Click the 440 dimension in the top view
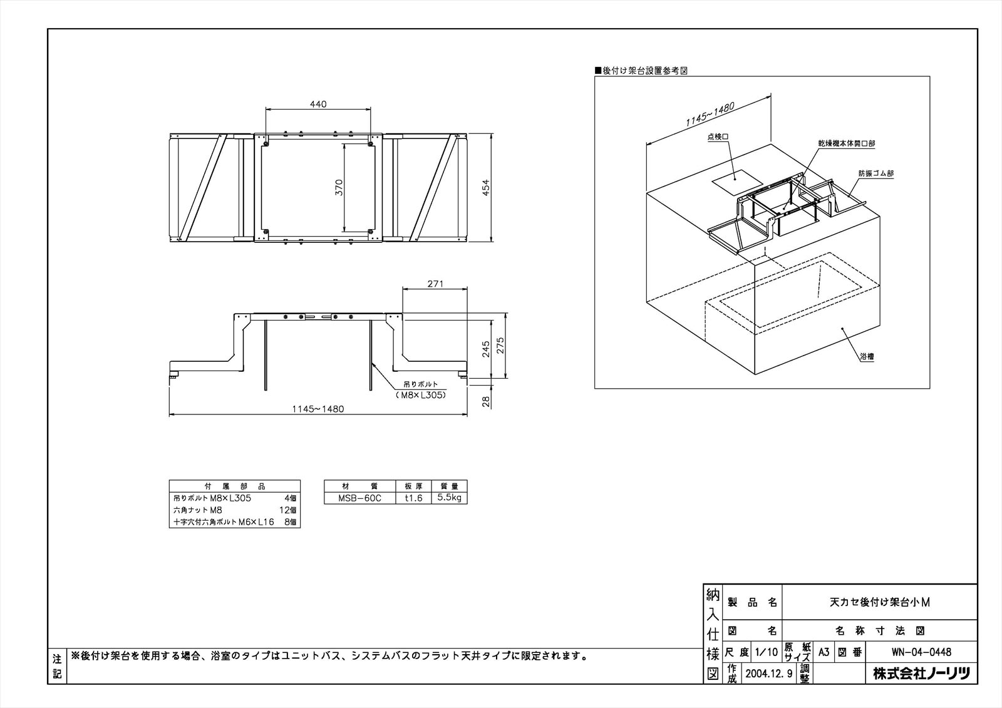[x=318, y=104]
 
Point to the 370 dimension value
[x=339, y=187]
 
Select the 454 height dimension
[x=486, y=187]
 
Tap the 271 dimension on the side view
[x=435, y=284]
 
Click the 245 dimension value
[x=486, y=349]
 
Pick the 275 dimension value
[x=500, y=346]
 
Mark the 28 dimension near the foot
[x=486, y=402]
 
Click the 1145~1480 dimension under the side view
[x=318, y=409]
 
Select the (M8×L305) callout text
[x=421, y=396]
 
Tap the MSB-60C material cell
[x=359, y=498]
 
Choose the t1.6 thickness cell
[x=413, y=498]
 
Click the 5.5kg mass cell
[x=449, y=498]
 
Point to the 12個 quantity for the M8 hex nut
[x=287, y=510]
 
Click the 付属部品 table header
[x=235, y=486]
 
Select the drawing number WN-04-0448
[x=921, y=652]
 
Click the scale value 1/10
[x=767, y=652]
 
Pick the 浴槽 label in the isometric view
[x=867, y=356]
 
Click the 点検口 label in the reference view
[x=718, y=137]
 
